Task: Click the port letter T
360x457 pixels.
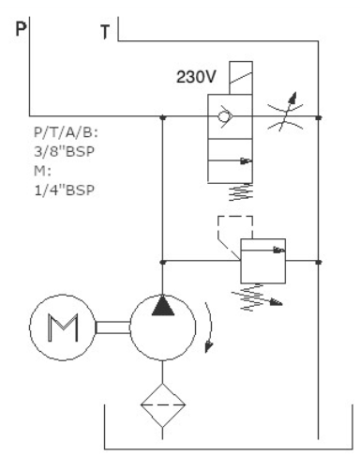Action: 105,32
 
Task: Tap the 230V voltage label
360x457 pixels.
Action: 196,77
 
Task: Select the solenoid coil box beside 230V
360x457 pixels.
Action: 241,78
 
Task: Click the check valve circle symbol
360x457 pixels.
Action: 224,116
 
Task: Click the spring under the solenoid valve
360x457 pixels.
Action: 240,192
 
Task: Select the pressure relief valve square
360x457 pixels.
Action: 262,261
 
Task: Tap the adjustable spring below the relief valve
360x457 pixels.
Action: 256,297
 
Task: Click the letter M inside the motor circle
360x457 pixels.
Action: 63,328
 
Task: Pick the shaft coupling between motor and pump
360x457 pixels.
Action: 112,328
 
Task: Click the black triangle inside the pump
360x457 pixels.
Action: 163,305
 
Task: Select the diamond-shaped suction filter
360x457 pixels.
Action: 162,405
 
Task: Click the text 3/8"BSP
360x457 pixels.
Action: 64,152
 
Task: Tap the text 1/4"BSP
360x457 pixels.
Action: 64,190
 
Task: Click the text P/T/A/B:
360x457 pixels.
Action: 66,132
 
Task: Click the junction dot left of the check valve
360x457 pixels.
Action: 162,117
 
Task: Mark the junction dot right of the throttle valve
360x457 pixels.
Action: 319,117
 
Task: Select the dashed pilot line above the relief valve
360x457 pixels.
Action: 235,216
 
